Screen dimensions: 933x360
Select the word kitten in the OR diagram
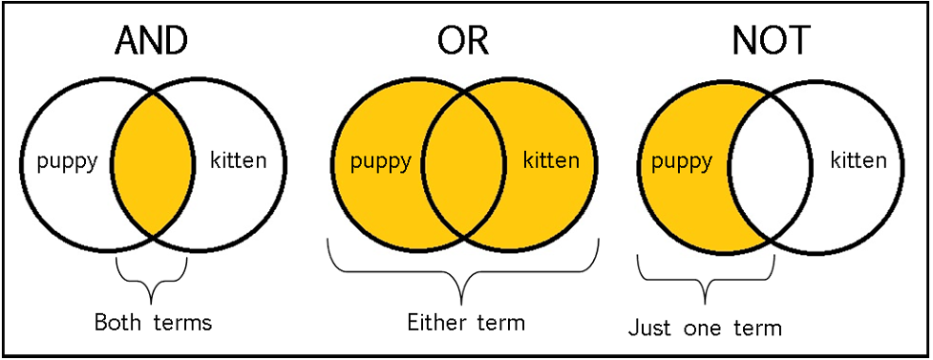coord(551,159)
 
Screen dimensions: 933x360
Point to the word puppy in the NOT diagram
coord(681,159)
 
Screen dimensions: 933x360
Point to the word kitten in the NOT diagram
coord(859,159)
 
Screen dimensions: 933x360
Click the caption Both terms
coord(153,322)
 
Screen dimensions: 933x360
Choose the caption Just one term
coord(705,328)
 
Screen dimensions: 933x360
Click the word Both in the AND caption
coord(116,322)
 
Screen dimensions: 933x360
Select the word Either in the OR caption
coord(435,322)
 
